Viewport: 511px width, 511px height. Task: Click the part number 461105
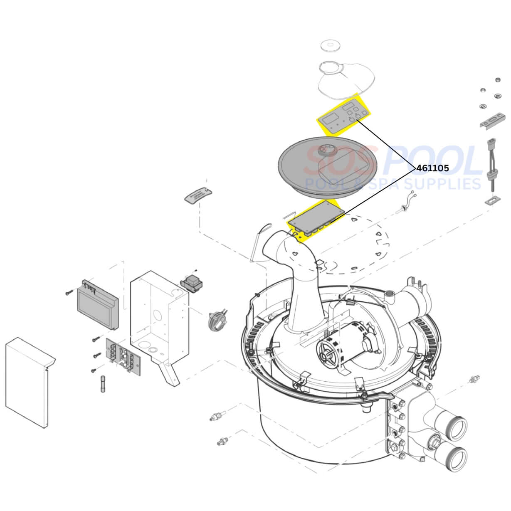pos(432,168)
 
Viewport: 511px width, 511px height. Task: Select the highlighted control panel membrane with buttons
pos(344,115)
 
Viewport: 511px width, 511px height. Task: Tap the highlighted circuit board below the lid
pos(316,219)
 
